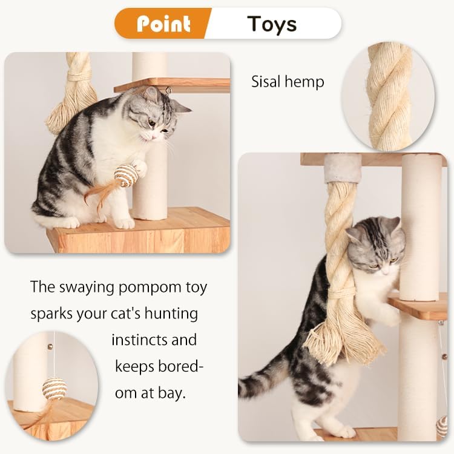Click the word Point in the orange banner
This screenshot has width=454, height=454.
(163, 24)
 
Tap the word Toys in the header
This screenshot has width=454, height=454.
(272, 24)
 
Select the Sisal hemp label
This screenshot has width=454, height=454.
(288, 81)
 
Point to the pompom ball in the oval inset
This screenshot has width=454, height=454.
(54, 388)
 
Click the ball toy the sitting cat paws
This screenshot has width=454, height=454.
(125, 175)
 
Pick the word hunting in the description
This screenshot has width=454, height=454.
(173, 314)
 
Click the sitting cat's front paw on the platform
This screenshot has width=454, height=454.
(124, 222)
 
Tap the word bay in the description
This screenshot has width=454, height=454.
(173, 393)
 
